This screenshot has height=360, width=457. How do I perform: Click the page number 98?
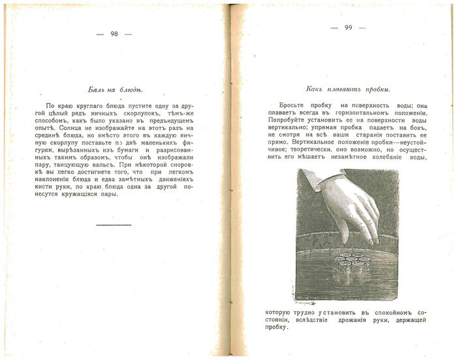pyautogui.click(x=114, y=34)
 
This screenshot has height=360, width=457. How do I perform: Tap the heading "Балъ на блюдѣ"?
pyautogui.click(x=116, y=89)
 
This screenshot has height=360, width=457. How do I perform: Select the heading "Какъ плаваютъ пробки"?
pyautogui.click(x=348, y=89)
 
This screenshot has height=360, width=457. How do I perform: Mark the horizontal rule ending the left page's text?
pyautogui.click(x=114, y=225)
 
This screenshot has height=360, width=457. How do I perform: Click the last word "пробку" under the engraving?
pyautogui.click(x=279, y=327)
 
